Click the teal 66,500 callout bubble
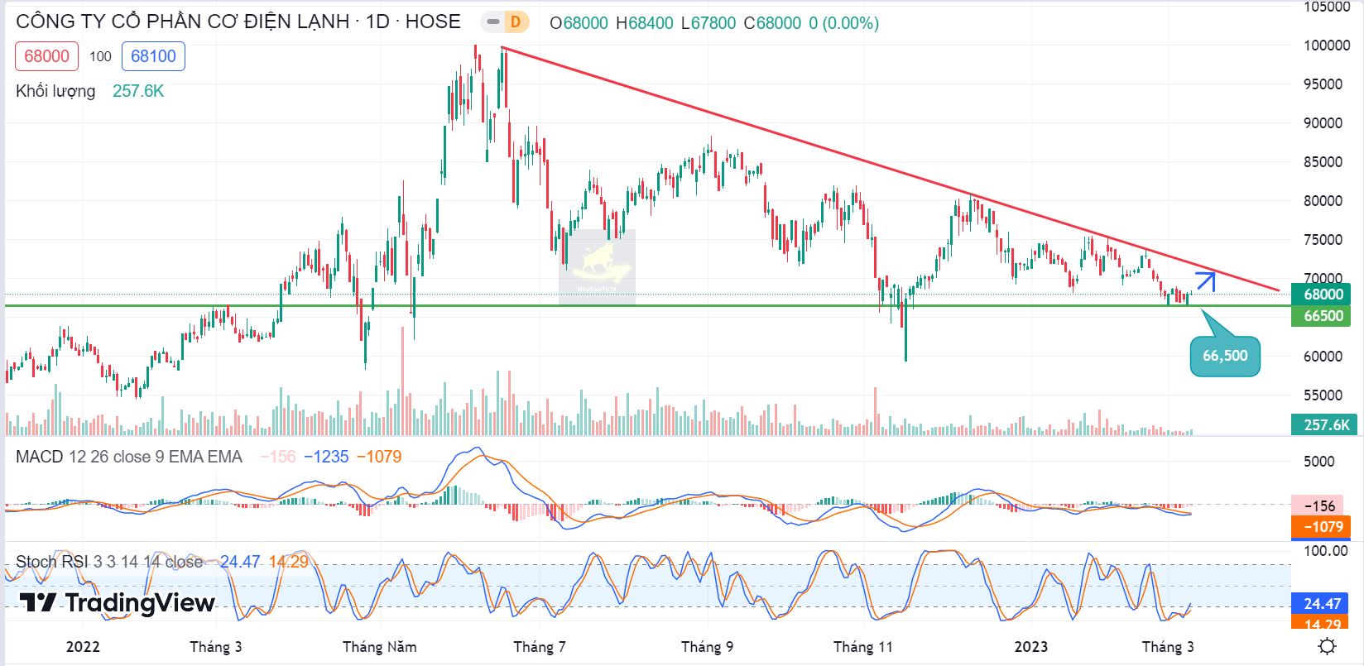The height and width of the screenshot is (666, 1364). click(1225, 357)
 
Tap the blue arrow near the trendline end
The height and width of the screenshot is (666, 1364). click(1206, 281)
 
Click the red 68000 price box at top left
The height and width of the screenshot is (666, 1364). click(47, 56)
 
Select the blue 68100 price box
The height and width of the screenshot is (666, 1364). click(153, 56)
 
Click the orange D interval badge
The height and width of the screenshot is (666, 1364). click(516, 22)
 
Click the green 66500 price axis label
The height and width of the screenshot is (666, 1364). click(1322, 316)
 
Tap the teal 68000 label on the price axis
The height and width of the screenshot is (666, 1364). click(1322, 295)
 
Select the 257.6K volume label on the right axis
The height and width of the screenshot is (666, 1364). click(1325, 425)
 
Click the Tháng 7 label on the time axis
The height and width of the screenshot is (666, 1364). click(540, 647)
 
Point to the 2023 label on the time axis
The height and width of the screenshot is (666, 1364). click(1031, 647)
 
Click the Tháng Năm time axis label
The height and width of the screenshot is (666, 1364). click(380, 647)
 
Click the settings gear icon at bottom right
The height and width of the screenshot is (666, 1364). click(1328, 646)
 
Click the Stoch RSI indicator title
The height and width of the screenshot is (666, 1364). click(51, 562)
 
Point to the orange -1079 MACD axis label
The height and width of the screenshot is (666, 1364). click(1321, 526)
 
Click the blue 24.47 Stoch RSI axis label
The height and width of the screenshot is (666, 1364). click(1321, 604)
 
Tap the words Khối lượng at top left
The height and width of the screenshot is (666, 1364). click(55, 91)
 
